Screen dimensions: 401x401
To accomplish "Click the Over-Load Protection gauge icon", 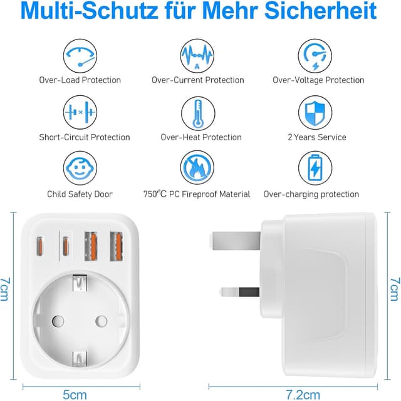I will tap(80, 55).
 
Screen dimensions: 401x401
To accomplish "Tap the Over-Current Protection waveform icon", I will tap(197, 55).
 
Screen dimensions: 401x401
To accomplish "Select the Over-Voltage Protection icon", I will tap(315, 55).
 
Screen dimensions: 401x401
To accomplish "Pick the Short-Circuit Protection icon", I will tap(80, 113).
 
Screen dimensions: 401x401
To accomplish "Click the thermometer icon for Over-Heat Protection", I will tap(197, 113).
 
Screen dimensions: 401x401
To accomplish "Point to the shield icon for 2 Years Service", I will tap(315, 113).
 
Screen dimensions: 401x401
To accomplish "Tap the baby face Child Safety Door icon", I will tap(80, 170).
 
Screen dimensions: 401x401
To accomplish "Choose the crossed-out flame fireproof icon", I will tap(197, 170).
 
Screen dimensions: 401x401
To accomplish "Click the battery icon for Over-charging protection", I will tap(315, 170).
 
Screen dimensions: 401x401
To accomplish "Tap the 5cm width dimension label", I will tap(75, 395).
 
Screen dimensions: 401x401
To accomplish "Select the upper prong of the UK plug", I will tap(233, 239).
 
